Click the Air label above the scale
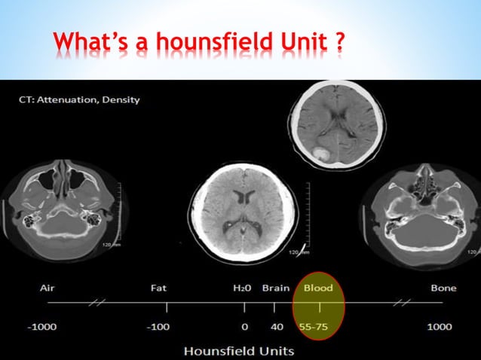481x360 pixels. (47, 288)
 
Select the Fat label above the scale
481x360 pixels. (158, 288)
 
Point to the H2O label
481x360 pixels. (243, 288)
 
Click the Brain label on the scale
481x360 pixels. (275, 288)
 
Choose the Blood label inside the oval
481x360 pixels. (317, 288)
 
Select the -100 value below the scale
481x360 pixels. (158, 327)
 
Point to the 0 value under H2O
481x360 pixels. (245, 327)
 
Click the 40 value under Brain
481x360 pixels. (277, 327)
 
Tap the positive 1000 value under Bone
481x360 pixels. (440, 327)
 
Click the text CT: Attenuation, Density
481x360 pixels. (78, 100)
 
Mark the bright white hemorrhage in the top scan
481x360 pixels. (320, 154)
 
